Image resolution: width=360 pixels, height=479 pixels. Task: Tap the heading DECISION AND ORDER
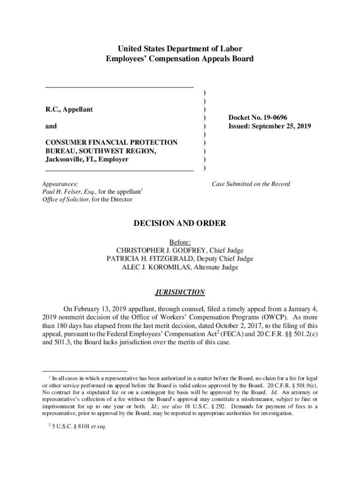pyautogui.click(x=180, y=224)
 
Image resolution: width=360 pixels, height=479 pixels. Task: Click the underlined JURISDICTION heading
pyautogui.click(x=180, y=292)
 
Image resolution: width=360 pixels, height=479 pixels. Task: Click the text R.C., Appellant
pyautogui.click(x=69, y=109)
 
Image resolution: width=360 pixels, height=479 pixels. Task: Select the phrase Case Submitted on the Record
pyautogui.click(x=251, y=184)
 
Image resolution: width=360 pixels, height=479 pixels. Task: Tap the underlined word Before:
pyautogui.click(x=180, y=242)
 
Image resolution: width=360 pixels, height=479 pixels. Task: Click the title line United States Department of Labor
pyautogui.click(x=180, y=49)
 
